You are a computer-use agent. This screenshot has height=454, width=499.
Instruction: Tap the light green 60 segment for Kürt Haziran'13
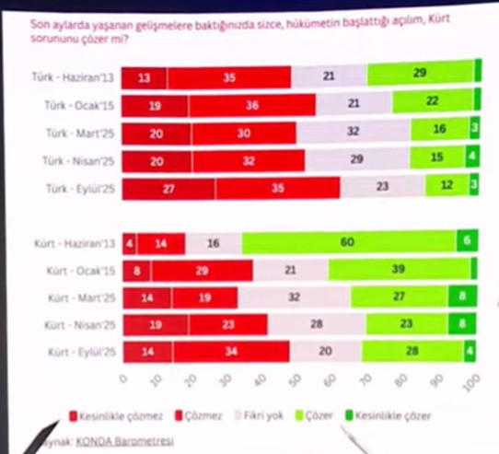point(349,243)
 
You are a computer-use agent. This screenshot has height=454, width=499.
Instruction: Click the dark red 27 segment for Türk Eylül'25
point(168,188)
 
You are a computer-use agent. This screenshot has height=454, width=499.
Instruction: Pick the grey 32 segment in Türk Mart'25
point(353,133)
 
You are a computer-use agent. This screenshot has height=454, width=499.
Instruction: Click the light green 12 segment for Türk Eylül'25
point(446,188)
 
